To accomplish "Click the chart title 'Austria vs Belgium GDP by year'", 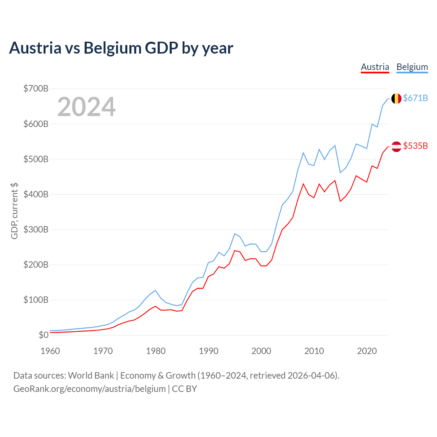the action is point(121,48).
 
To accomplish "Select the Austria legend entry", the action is point(375,67).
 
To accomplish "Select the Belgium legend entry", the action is point(412,67).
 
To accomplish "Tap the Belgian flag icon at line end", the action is point(396,98).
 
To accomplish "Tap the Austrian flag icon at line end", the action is point(396,146).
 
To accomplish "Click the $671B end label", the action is point(415,98).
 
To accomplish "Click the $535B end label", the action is point(415,146).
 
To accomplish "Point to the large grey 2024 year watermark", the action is point(86,107).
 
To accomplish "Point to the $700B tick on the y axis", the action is point(36,88).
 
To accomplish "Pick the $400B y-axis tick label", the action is point(36,194).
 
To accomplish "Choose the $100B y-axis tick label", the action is point(36,300).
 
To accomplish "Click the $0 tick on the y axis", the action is point(44,335).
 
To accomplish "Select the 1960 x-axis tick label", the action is point(50,351).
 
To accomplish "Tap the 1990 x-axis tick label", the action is point(208,351).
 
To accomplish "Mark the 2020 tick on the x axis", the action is point(367,351).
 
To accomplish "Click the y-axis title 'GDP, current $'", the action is point(14,211).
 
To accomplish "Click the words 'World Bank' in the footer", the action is point(91,376).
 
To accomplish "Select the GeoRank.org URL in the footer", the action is point(89,389).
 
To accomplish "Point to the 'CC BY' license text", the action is point(184,389).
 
